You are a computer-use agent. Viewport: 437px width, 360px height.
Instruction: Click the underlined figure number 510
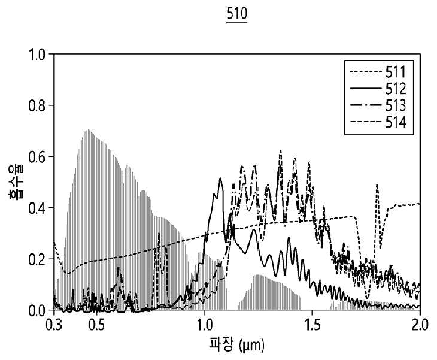tap(236, 13)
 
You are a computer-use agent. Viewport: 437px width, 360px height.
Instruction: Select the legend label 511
tap(396, 72)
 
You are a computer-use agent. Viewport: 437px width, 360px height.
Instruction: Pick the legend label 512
tap(396, 89)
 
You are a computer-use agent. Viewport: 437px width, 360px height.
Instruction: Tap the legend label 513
tap(396, 105)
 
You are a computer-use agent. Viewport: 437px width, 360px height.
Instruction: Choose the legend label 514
tap(396, 122)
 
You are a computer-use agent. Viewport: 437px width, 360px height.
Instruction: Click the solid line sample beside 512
tap(366, 89)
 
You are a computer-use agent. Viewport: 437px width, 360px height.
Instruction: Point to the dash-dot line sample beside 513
tap(366, 105)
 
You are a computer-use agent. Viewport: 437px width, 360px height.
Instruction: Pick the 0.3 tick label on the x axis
tap(54, 325)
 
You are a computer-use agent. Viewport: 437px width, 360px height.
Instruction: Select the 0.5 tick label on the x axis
tap(97, 325)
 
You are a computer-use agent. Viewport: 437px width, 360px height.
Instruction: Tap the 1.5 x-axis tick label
tap(312, 325)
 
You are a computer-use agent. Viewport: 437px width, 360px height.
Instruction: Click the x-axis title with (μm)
tap(236, 345)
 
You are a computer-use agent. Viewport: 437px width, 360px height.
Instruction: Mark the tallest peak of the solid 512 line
tap(220, 178)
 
